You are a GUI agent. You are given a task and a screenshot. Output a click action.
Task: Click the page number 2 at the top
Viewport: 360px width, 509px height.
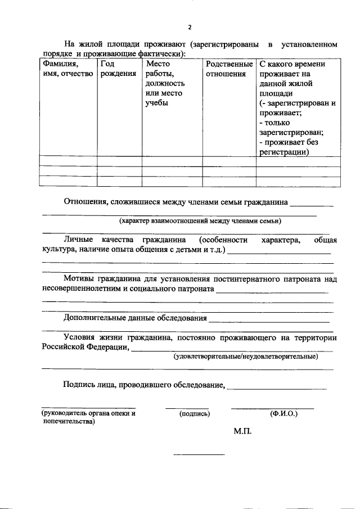click(x=190, y=27)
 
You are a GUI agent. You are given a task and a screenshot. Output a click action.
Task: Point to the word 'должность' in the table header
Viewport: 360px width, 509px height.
click(x=161, y=83)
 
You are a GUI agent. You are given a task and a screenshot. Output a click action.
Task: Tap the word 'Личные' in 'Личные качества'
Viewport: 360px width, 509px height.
click(x=77, y=241)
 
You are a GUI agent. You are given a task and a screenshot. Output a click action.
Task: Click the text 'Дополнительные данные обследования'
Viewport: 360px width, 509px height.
click(x=134, y=318)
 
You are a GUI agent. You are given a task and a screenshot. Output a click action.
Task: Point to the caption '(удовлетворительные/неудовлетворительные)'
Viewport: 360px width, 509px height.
click(x=245, y=356)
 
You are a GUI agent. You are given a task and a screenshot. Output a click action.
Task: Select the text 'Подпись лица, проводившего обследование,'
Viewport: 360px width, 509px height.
click(x=144, y=385)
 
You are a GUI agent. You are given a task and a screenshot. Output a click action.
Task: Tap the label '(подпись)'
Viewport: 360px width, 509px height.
click(x=195, y=414)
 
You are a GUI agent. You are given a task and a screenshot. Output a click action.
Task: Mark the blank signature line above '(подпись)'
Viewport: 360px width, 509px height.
click(x=187, y=408)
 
